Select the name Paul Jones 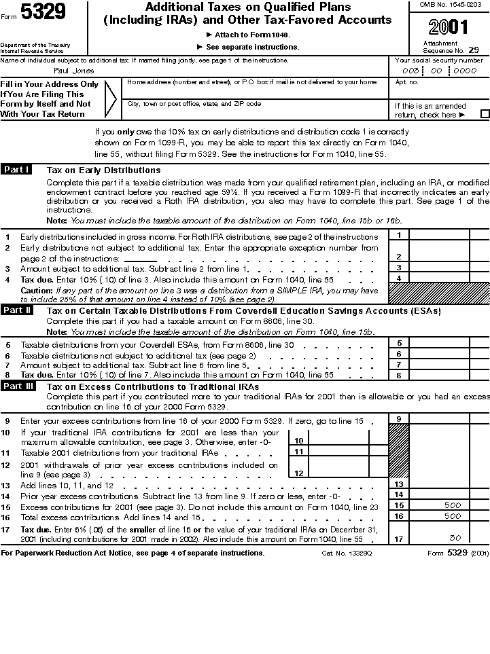point(74,71)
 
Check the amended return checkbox point(485,115)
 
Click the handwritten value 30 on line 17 point(455,538)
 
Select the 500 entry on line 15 point(453,505)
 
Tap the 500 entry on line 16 point(453,516)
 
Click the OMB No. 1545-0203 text point(450,5)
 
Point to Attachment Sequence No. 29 point(451,47)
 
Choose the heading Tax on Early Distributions point(103,170)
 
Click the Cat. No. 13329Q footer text point(347,553)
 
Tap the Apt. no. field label point(406,82)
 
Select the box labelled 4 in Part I point(399,278)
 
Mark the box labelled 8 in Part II point(399,375)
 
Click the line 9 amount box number point(399,419)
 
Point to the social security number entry point(439,71)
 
